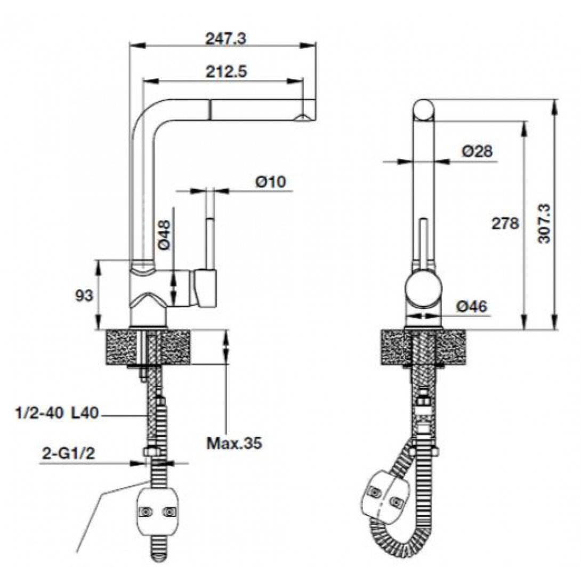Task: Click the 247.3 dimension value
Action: [225, 38]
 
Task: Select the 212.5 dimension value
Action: [225, 71]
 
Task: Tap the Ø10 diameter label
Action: [271, 182]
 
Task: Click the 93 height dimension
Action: [84, 295]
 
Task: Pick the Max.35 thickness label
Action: [234, 443]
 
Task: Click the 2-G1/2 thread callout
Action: [68, 454]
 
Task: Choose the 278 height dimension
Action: [505, 223]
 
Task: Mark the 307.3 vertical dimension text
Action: [544, 224]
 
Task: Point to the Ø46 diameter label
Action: [472, 306]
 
